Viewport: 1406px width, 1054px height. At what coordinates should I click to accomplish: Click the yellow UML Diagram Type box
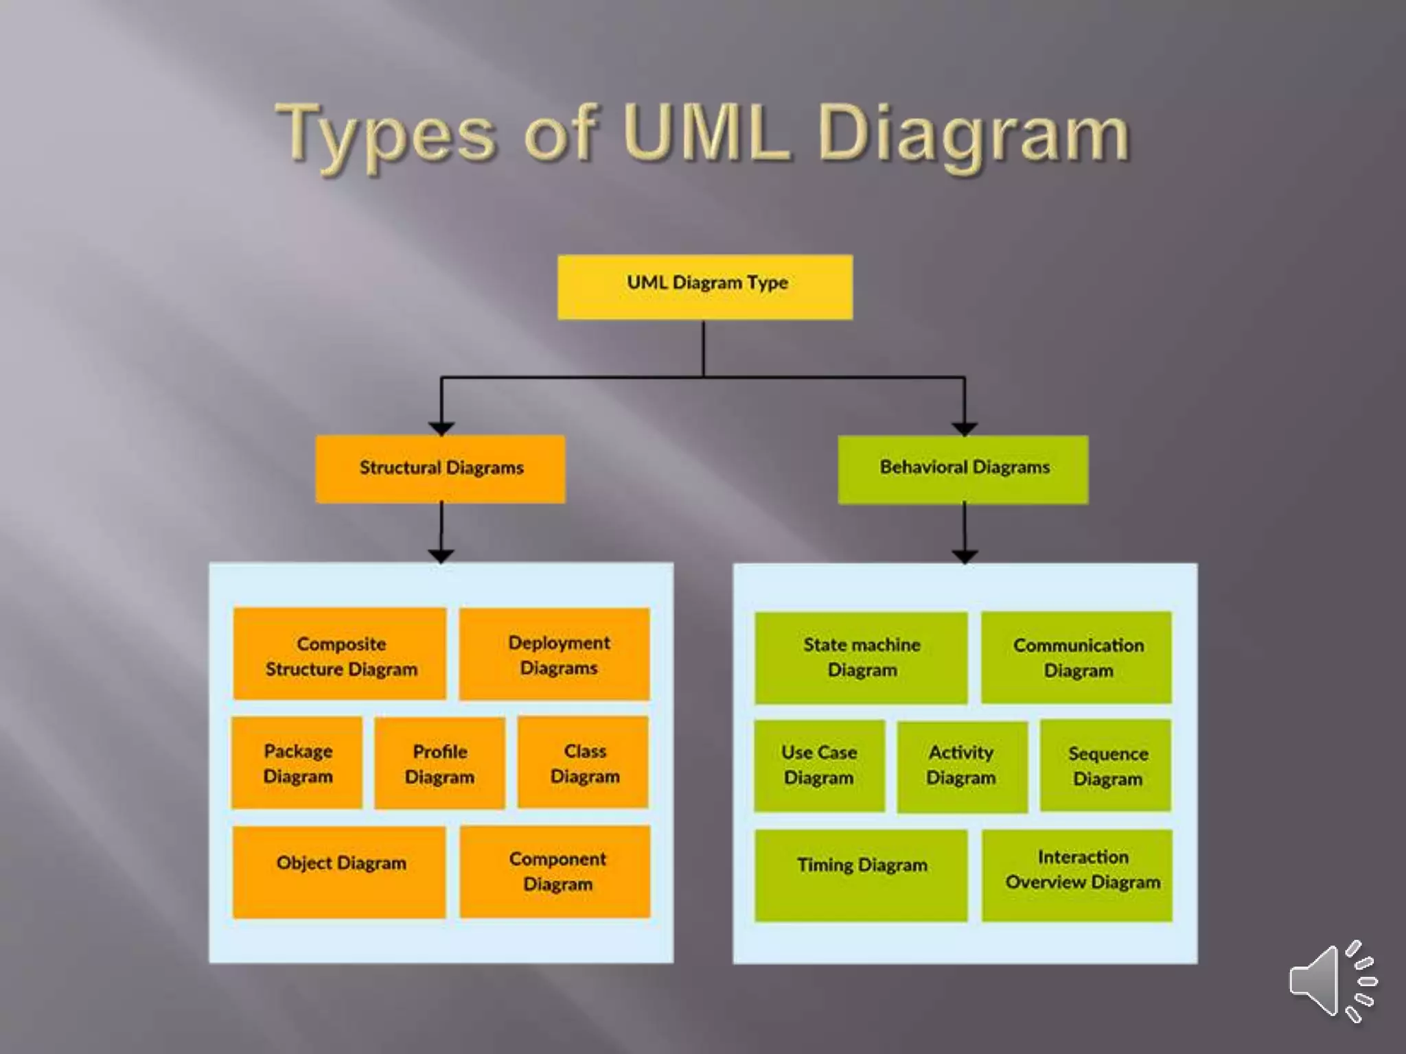[705, 287]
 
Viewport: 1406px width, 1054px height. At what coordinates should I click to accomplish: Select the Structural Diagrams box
[440, 469]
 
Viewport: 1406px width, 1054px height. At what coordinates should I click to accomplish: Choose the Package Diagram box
[297, 763]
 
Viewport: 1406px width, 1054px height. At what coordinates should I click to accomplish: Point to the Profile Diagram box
[439, 764]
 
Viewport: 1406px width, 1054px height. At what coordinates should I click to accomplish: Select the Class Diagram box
[583, 762]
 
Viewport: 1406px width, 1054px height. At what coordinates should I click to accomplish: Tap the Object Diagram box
[339, 871]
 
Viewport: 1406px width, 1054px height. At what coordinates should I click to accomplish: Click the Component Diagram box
[555, 871]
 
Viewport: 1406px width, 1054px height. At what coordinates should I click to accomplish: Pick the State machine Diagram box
[861, 657]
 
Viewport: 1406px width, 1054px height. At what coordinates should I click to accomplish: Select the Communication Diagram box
[1076, 657]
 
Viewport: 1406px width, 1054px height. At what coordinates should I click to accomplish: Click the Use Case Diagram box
[819, 766]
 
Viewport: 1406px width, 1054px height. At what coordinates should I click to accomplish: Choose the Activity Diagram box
[962, 766]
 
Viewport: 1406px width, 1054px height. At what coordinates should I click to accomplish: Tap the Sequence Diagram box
[1105, 766]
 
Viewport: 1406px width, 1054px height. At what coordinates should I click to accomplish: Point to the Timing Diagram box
[861, 875]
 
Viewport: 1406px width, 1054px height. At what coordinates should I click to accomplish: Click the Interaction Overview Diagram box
[1076, 875]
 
